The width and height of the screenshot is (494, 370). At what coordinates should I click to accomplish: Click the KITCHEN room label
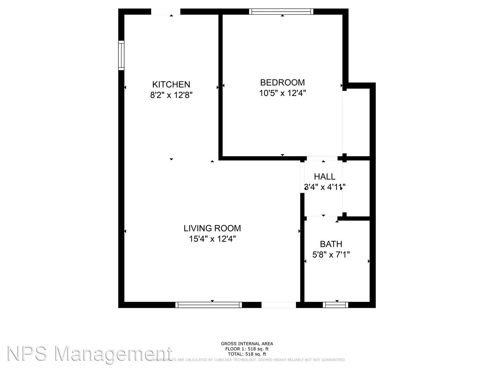[x=171, y=84]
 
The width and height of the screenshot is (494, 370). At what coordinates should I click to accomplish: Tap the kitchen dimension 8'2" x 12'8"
[x=171, y=95]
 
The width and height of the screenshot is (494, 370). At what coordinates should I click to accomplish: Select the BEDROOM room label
[x=282, y=82]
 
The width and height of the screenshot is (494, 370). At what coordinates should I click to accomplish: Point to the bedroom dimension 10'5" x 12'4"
[x=282, y=93]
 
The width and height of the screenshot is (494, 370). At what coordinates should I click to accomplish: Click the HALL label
[x=325, y=176]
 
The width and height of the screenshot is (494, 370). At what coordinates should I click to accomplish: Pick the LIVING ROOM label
[x=212, y=228]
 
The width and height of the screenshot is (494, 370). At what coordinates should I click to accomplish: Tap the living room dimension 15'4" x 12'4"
[x=212, y=239]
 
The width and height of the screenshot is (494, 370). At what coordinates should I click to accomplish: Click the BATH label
[x=331, y=244]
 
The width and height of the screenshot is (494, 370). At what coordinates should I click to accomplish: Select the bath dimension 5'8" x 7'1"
[x=331, y=255]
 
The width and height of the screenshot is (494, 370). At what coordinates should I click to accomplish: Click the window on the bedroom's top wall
[x=281, y=12]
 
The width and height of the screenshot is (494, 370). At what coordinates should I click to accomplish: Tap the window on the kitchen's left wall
[x=121, y=56]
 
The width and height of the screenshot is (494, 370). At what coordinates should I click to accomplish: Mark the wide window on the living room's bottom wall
[x=208, y=305]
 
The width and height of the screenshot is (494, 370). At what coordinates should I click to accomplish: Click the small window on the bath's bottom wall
[x=336, y=305]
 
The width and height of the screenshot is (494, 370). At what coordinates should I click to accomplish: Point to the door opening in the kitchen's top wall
[x=166, y=12]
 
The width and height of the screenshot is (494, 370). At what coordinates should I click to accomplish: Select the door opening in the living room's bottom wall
[x=279, y=305]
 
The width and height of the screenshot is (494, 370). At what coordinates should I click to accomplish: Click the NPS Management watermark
[x=89, y=354]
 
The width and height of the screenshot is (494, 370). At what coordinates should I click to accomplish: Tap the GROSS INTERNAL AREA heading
[x=247, y=344]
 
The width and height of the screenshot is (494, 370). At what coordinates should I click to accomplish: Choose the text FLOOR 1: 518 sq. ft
[x=247, y=349]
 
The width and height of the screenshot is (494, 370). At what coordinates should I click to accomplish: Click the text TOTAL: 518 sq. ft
[x=247, y=354]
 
